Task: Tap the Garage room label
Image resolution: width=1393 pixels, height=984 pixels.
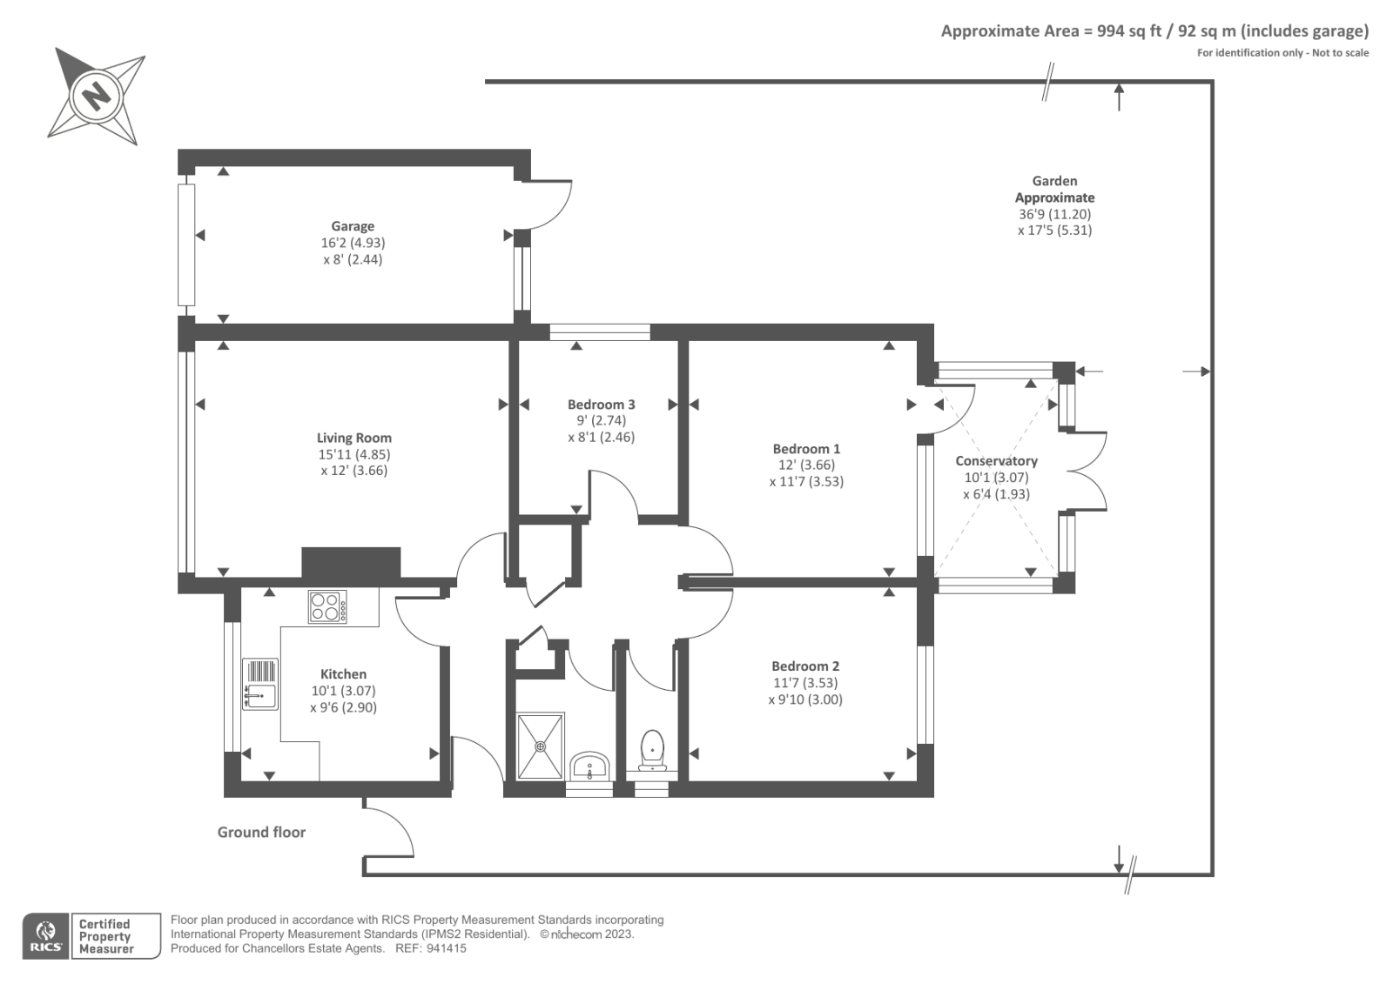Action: pyautogui.click(x=353, y=226)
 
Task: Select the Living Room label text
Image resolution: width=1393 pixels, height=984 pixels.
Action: pyautogui.click(x=353, y=438)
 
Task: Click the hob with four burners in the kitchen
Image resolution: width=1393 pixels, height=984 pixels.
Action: pyautogui.click(x=327, y=606)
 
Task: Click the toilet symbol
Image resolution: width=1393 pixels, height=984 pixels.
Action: pyautogui.click(x=652, y=750)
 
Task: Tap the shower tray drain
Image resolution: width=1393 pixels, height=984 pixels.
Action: pyautogui.click(x=540, y=746)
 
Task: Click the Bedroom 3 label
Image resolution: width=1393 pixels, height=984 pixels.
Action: pyautogui.click(x=602, y=405)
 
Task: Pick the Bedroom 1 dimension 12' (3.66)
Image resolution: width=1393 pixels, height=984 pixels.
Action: pyautogui.click(x=806, y=465)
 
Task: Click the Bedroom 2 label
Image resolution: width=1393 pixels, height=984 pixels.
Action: pyautogui.click(x=805, y=666)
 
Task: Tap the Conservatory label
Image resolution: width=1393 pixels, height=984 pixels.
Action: pyautogui.click(x=996, y=461)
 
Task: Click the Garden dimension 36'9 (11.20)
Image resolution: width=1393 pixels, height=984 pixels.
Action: pyautogui.click(x=1054, y=214)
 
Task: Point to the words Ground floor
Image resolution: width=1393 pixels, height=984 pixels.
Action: pyautogui.click(x=261, y=833)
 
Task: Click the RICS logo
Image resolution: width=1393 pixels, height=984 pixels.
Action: pyautogui.click(x=46, y=936)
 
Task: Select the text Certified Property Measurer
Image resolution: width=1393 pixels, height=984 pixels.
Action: pyautogui.click(x=105, y=936)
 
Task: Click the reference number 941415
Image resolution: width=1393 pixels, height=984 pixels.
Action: pyautogui.click(x=446, y=948)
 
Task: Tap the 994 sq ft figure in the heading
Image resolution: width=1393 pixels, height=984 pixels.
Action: pyautogui.click(x=1129, y=31)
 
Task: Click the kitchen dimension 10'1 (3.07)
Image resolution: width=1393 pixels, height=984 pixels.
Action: pyautogui.click(x=343, y=691)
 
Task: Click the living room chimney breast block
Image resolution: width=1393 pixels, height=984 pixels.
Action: pyautogui.click(x=352, y=563)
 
